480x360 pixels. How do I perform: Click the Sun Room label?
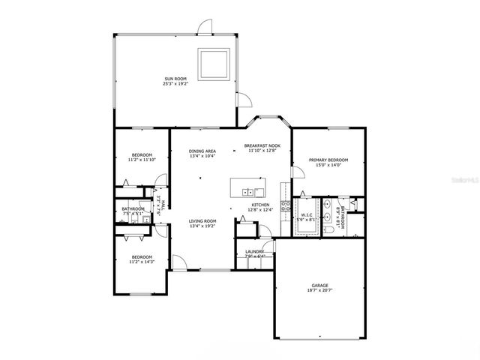point(174,78)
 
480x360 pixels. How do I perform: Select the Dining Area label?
point(202,151)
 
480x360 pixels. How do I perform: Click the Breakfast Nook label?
point(262,145)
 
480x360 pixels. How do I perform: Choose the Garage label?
point(320,286)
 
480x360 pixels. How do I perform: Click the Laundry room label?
point(254,251)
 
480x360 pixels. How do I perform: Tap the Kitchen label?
point(260,205)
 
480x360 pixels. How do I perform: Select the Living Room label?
point(202,220)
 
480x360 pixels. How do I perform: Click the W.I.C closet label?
point(307,215)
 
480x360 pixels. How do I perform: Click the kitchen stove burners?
point(285,206)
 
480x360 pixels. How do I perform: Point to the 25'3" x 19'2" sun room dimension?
point(174,84)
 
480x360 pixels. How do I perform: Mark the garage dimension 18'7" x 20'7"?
point(320,292)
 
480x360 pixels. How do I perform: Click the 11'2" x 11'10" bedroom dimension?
point(142,160)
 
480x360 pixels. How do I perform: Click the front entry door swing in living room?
point(180,263)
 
